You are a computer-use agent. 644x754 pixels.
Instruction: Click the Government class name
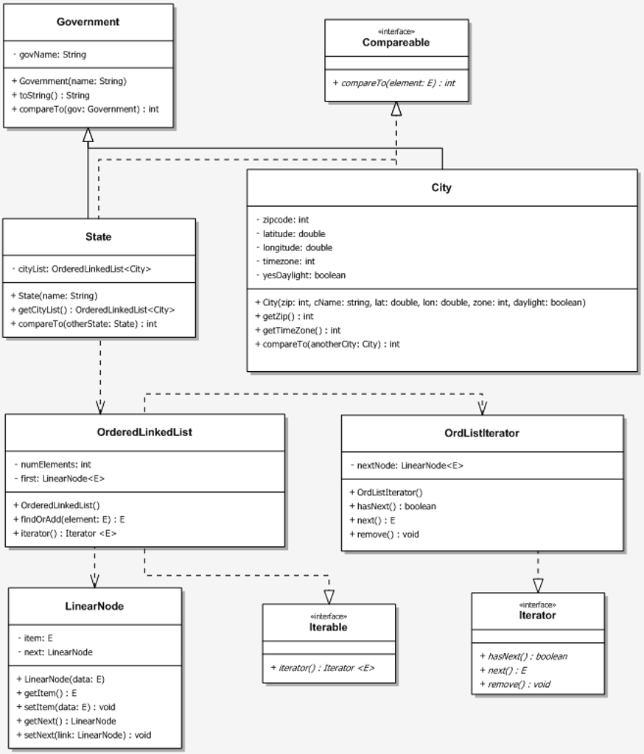tap(88, 22)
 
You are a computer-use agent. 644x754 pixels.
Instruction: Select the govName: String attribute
tap(49, 54)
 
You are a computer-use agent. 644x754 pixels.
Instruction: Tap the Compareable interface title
tap(396, 43)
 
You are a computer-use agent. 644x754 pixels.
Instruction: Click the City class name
tap(441, 188)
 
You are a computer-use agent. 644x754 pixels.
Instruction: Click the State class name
tap(99, 237)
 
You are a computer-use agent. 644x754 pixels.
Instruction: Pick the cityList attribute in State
tap(82, 269)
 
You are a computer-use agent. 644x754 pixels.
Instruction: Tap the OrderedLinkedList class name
tap(144, 432)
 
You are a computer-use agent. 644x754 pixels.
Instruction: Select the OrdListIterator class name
tap(482, 433)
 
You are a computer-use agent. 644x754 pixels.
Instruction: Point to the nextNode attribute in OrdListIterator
tap(406, 465)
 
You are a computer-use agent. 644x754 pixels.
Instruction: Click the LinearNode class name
tap(94, 607)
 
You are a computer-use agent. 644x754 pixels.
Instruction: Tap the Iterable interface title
tap(329, 627)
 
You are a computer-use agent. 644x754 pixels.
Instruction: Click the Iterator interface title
tap(538, 616)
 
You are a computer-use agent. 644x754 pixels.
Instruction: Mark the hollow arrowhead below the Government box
tap(88, 135)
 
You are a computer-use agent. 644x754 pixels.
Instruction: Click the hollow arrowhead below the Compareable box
tap(396, 109)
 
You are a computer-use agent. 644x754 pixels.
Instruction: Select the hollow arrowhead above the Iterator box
tap(538, 585)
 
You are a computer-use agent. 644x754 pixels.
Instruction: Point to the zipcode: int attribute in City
tap(281, 220)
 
